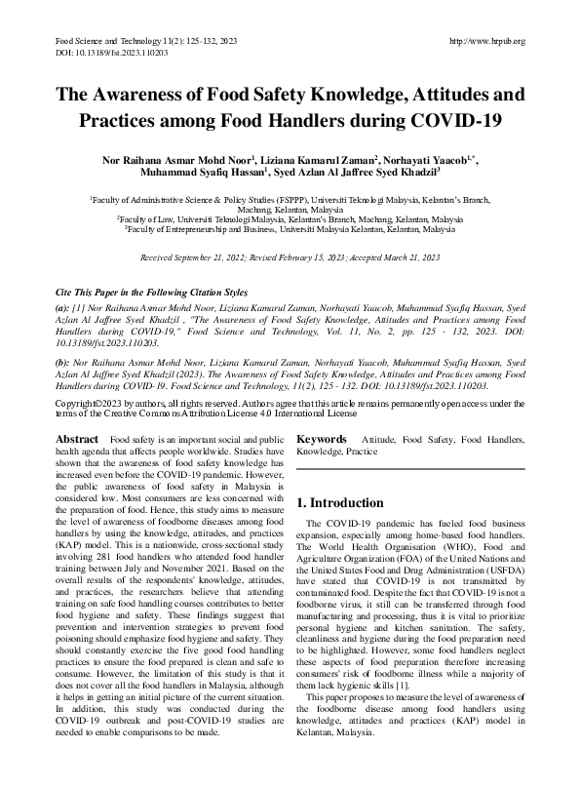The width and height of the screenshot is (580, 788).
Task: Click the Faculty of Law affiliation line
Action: click(290, 220)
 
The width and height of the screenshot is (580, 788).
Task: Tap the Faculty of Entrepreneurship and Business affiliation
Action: click(290, 230)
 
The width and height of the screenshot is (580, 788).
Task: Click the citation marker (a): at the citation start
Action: click(61, 309)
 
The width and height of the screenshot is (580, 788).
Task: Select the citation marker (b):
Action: click(61, 362)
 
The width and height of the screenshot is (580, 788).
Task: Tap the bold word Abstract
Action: click(77, 440)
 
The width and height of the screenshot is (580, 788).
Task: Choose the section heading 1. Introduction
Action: click(339, 503)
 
